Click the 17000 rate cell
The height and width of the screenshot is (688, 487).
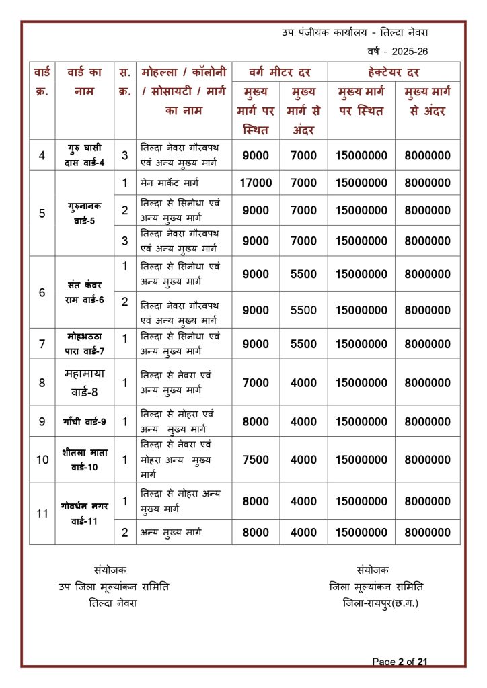pos(256,183)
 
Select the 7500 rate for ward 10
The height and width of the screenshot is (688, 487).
pos(256,460)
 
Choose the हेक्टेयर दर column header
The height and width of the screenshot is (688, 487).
pos(394,72)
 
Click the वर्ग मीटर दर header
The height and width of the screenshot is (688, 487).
pos(279,72)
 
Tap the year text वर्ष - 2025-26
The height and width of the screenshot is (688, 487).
pos(398,51)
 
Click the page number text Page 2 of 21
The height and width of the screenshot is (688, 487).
pos(400,662)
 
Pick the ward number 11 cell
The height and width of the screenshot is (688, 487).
pos(42,514)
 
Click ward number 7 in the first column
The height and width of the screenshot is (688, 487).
pos(42,344)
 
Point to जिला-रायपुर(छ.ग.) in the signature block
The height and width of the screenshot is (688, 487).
pos(380,603)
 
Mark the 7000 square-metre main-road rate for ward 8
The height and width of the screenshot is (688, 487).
pos(256,383)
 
